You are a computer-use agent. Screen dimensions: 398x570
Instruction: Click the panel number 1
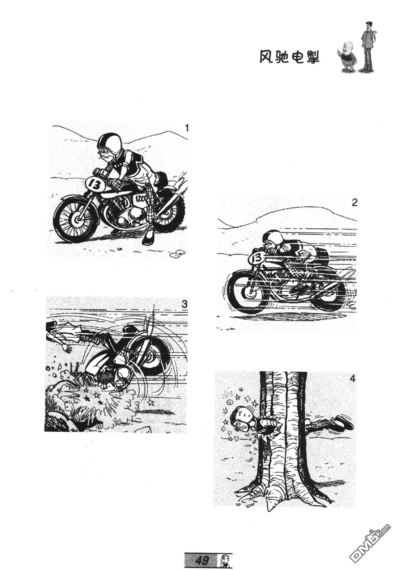(x=187, y=128)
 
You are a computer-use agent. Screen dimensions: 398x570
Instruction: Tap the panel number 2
(x=354, y=203)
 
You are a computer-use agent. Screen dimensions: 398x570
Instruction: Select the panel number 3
(x=185, y=304)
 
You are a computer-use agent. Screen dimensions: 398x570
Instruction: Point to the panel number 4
(x=352, y=379)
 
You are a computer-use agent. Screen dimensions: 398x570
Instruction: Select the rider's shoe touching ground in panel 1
(x=148, y=238)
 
